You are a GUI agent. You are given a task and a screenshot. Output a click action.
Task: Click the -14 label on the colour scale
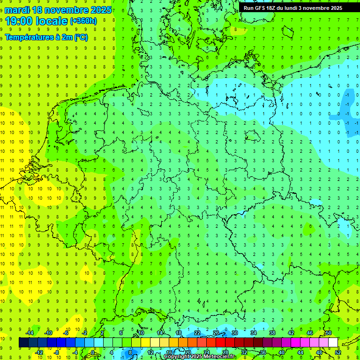pyautogui.click(x=30, y=333)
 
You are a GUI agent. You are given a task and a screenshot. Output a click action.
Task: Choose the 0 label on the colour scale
pyautogui.click(x=93, y=352)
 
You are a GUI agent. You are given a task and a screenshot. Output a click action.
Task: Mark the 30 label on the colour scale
pyautogui.click(x=234, y=333)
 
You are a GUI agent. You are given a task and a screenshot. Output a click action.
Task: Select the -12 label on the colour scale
pyautogui.click(x=39, y=352)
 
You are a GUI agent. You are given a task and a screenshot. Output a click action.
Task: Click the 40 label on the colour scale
pyautogui.click(x=282, y=352)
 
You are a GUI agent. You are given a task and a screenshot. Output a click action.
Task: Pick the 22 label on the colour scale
pyautogui.click(x=197, y=333)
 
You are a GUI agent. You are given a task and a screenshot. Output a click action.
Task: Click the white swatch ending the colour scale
pyautogui.click(x=333, y=343)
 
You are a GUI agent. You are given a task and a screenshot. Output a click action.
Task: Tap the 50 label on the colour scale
pyautogui.click(x=328, y=333)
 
